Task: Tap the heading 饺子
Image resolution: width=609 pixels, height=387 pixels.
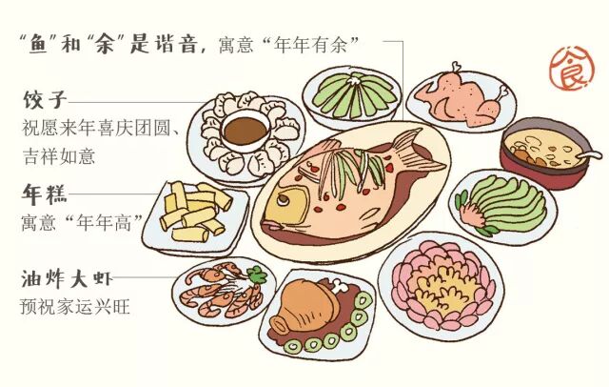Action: pyautogui.click(x=43, y=99)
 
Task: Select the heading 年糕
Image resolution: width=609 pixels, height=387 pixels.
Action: pyautogui.click(x=43, y=195)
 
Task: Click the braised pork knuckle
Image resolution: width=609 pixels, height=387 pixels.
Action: pyautogui.click(x=305, y=306)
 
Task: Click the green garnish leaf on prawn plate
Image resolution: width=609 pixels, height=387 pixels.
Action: pyautogui.click(x=255, y=276)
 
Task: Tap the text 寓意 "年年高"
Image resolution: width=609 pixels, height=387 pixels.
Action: pyautogui.click(x=81, y=224)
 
